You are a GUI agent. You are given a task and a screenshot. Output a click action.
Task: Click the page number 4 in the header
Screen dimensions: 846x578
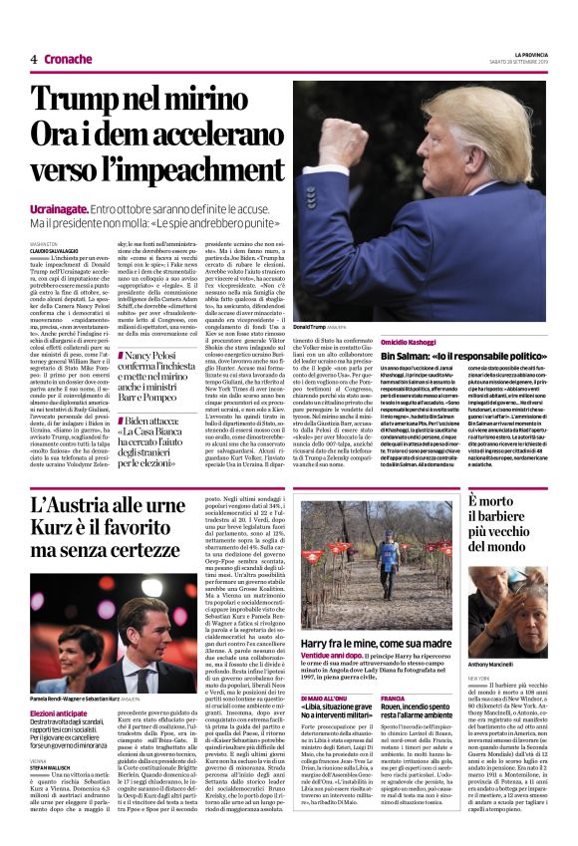33,59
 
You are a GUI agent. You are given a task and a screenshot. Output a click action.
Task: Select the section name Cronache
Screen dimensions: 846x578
68,59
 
